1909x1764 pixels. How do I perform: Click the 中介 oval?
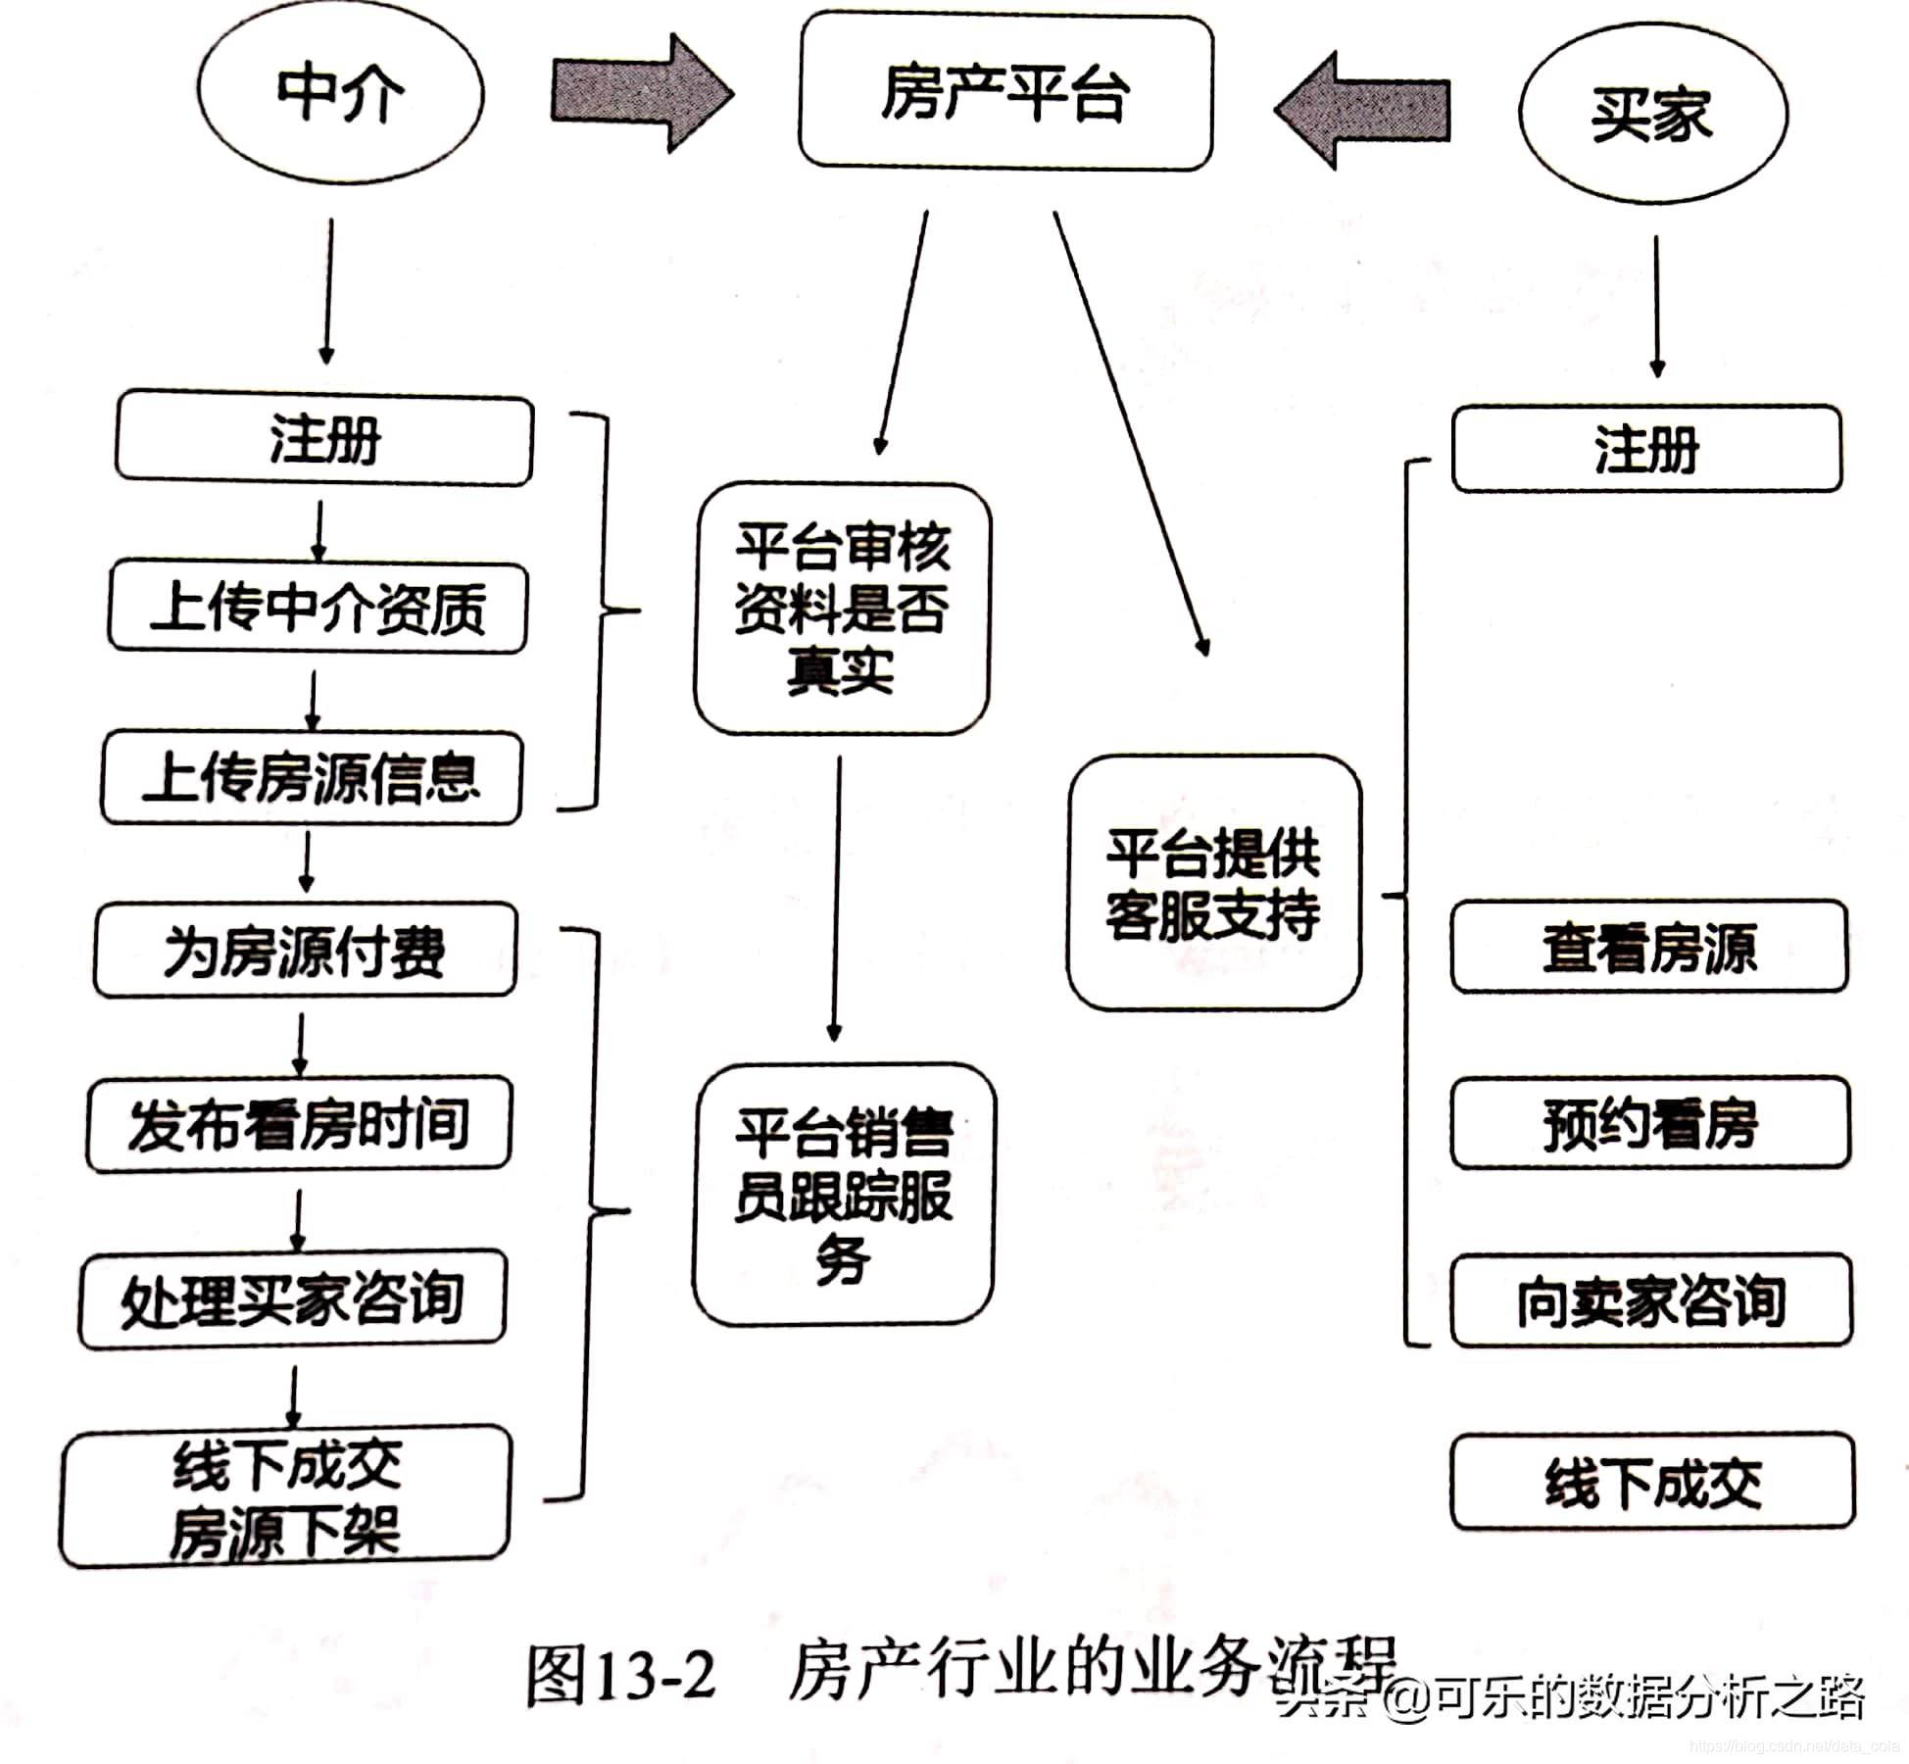click(340, 94)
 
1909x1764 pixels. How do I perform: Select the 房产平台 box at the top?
click(1005, 93)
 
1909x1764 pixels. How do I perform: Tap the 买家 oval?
click(1652, 114)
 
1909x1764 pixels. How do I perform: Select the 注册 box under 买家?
click(1646, 449)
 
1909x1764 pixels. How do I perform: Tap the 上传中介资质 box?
click(318, 608)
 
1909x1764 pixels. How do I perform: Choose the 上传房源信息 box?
click(312, 778)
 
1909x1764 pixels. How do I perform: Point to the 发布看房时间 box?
click(299, 1123)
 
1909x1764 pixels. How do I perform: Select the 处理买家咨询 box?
click(293, 1299)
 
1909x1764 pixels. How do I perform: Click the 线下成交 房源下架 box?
click(286, 1496)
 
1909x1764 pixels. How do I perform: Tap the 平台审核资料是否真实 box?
click(842, 609)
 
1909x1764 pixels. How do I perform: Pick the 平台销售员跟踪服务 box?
click(844, 1195)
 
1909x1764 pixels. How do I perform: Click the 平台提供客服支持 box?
click(1213, 883)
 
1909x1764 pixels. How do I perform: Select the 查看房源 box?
click(1649, 948)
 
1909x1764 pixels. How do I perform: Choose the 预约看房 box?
click(1650, 1123)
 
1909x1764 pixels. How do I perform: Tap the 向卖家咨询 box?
click(1651, 1300)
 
